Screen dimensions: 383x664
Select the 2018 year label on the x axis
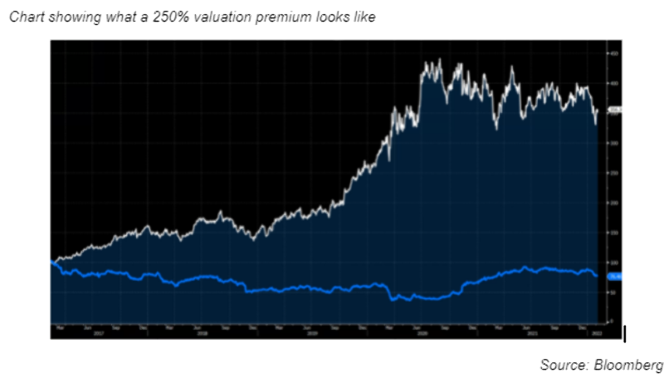click(201, 333)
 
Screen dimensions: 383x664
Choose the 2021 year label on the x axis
click(531, 333)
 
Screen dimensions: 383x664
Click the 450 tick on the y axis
click(614, 53)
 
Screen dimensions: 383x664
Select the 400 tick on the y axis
click(614, 83)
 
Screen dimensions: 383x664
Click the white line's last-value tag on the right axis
click(615, 109)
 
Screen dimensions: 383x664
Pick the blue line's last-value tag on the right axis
click(615, 276)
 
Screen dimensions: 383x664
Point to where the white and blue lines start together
click(52, 263)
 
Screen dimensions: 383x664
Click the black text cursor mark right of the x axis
click(624, 333)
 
